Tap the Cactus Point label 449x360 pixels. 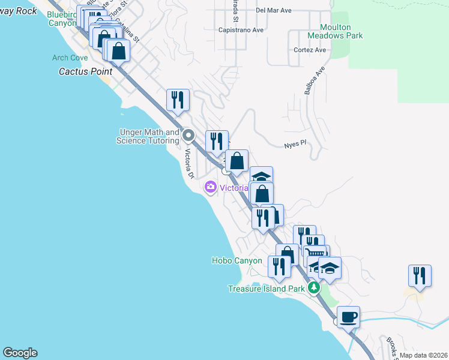pyautogui.click(x=82, y=71)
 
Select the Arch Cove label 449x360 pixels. pyautogui.click(x=70, y=58)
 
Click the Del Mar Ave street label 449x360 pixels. pyautogui.click(x=273, y=10)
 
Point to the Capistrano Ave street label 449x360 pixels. pyautogui.click(x=241, y=29)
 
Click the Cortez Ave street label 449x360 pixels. pyautogui.click(x=310, y=50)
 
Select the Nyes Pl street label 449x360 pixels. pyautogui.click(x=295, y=144)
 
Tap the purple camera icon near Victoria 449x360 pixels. pyautogui.click(x=210, y=187)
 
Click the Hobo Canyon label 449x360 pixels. pyautogui.click(x=237, y=261)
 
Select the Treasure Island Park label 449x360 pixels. pyautogui.click(x=267, y=289)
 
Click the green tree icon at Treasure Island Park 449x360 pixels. pyautogui.click(x=313, y=289)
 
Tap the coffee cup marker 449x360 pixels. pyautogui.click(x=348, y=316)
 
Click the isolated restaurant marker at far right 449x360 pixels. pyautogui.click(x=419, y=275)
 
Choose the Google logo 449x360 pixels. pyautogui.click(x=20, y=353)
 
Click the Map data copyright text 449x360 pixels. pyautogui.click(x=423, y=355)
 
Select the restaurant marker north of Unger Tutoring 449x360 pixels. pyautogui.click(x=178, y=100)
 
